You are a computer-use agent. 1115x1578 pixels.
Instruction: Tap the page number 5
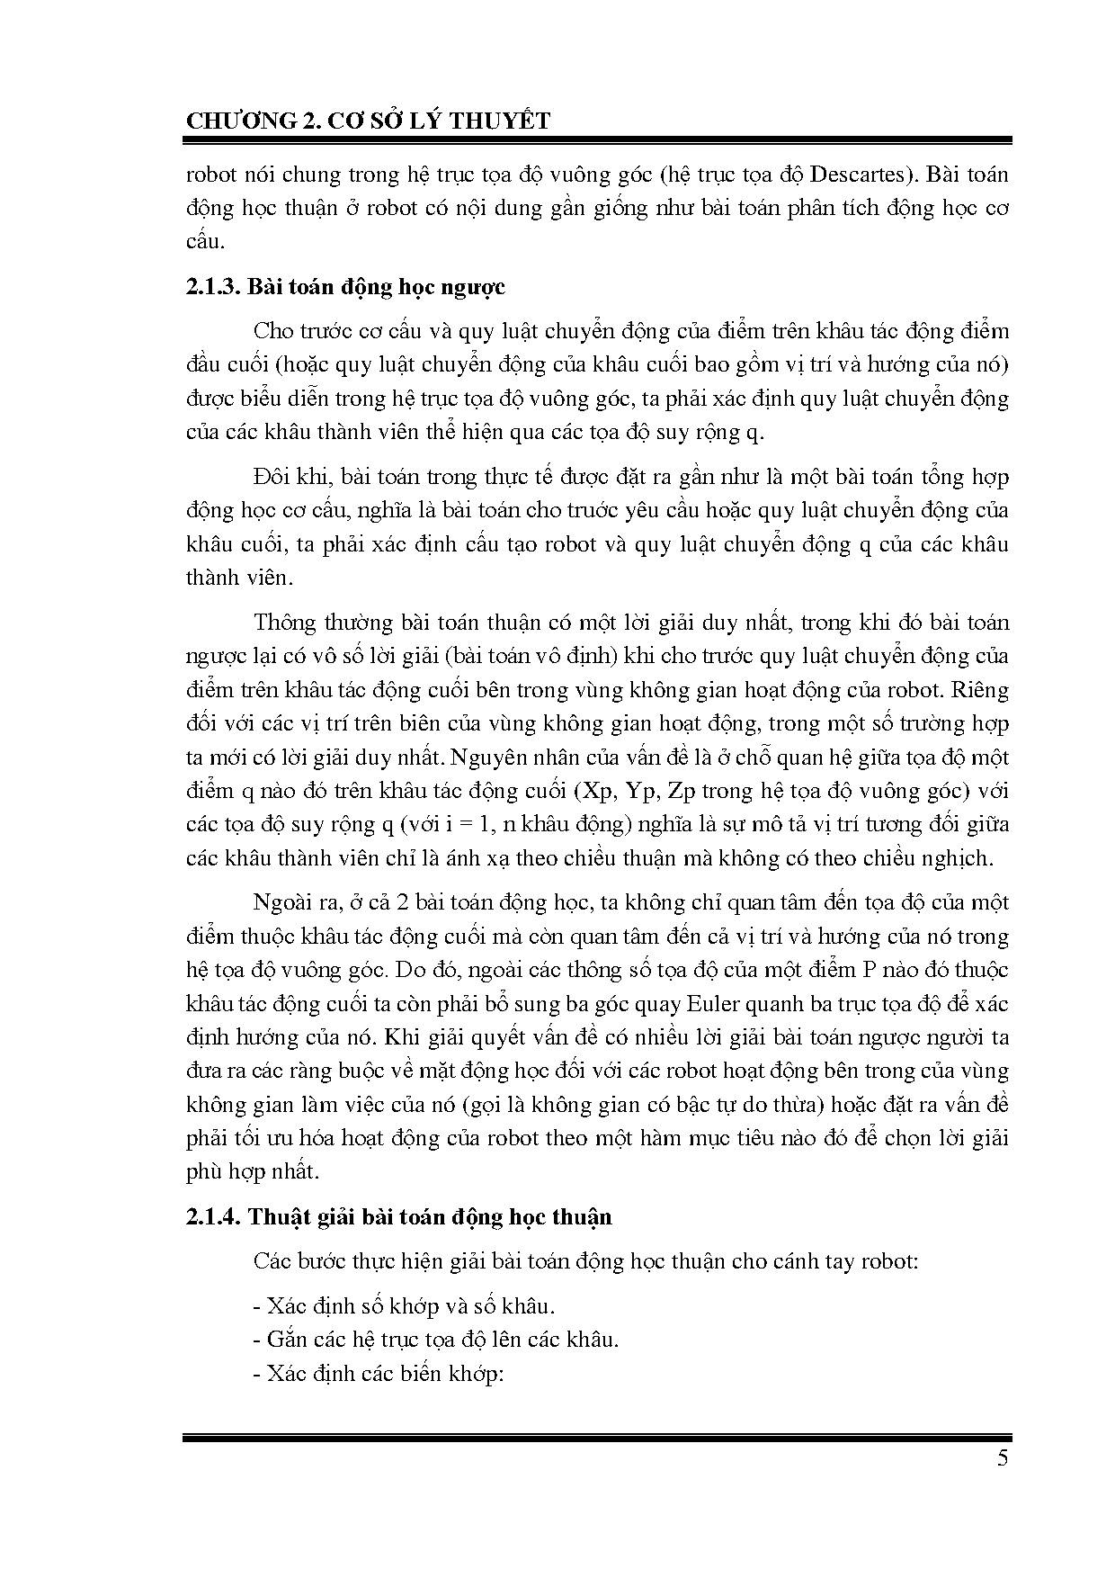coord(1003,1458)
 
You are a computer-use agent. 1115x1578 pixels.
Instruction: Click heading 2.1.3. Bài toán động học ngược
coord(345,287)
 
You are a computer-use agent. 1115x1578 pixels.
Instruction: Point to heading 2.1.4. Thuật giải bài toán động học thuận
coord(398,1217)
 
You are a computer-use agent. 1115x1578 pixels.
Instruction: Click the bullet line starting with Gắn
coord(437,1339)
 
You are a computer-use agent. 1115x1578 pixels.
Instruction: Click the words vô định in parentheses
coord(579,657)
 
